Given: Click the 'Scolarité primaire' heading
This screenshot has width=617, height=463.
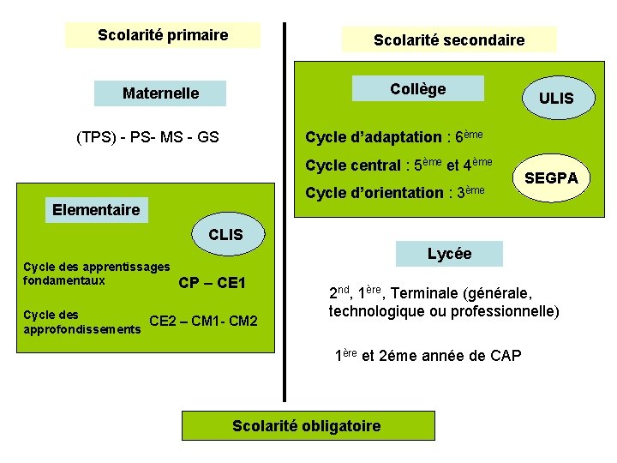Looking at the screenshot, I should click(x=163, y=35).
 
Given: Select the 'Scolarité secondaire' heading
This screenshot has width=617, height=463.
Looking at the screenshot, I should click(x=448, y=39).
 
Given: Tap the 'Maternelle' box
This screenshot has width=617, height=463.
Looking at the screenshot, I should click(x=160, y=93).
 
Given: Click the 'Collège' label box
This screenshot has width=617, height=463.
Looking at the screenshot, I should click(x=418, y=89).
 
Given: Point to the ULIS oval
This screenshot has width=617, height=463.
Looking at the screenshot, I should click(x=556, y=98).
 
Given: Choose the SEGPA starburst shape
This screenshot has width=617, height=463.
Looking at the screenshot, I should click(x=551, y=177).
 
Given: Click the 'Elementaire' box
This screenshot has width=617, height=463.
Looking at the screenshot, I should click(x=96, y=209).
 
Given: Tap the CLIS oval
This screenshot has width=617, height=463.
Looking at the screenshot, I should click(x=225, y=234).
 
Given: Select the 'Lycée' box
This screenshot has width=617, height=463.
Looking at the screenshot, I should click(x=449, y=253).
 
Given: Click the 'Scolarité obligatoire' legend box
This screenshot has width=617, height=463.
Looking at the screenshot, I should click(x=307, y=426).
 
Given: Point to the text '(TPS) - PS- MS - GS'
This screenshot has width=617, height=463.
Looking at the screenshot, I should click(x=147, y=136).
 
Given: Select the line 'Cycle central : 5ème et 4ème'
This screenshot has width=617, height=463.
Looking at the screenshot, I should click(x=398, y=164).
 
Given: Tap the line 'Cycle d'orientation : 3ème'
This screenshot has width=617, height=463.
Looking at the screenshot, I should click(x=395, y=192).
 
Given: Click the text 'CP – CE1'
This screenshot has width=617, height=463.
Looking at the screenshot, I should click(x=212, y=283).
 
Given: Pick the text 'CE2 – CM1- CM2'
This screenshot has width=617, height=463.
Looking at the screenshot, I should click(x=203, y=322).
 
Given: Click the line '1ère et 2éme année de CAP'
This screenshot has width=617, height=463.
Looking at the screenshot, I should click(x=427, y=355).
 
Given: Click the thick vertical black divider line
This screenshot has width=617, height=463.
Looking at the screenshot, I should click(x=284, y=214).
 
